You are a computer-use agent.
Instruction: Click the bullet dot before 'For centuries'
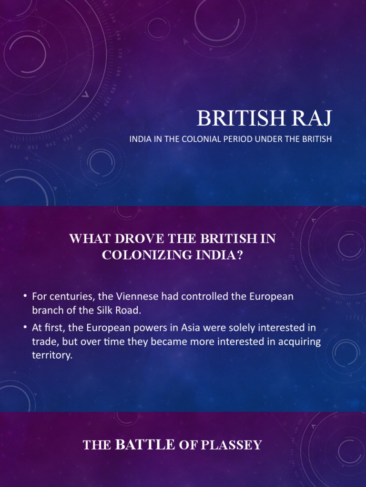click(x=25, y=297)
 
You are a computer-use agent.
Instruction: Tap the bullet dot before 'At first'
click(x=25, y=329)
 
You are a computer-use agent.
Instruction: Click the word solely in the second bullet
click(x=248, y=329)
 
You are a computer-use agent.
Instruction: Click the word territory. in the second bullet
click(x=52, y=355)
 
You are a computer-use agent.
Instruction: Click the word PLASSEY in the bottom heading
click(x=231, y=445)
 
